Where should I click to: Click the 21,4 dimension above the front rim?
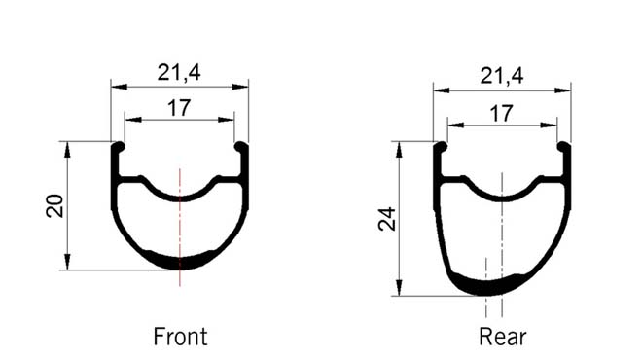pos(179,73)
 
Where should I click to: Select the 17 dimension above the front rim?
pos(179,108)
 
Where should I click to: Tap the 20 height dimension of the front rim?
pos(54,205)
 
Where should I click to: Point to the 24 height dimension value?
pos(387,219)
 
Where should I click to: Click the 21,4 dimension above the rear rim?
pos(502,76)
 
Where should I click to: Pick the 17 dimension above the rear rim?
pos(502,113)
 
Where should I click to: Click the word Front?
pos(180,337)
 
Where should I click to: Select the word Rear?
pos(502,337)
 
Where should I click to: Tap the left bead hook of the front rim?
pos(118,147)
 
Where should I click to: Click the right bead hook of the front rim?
pos(241,147)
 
